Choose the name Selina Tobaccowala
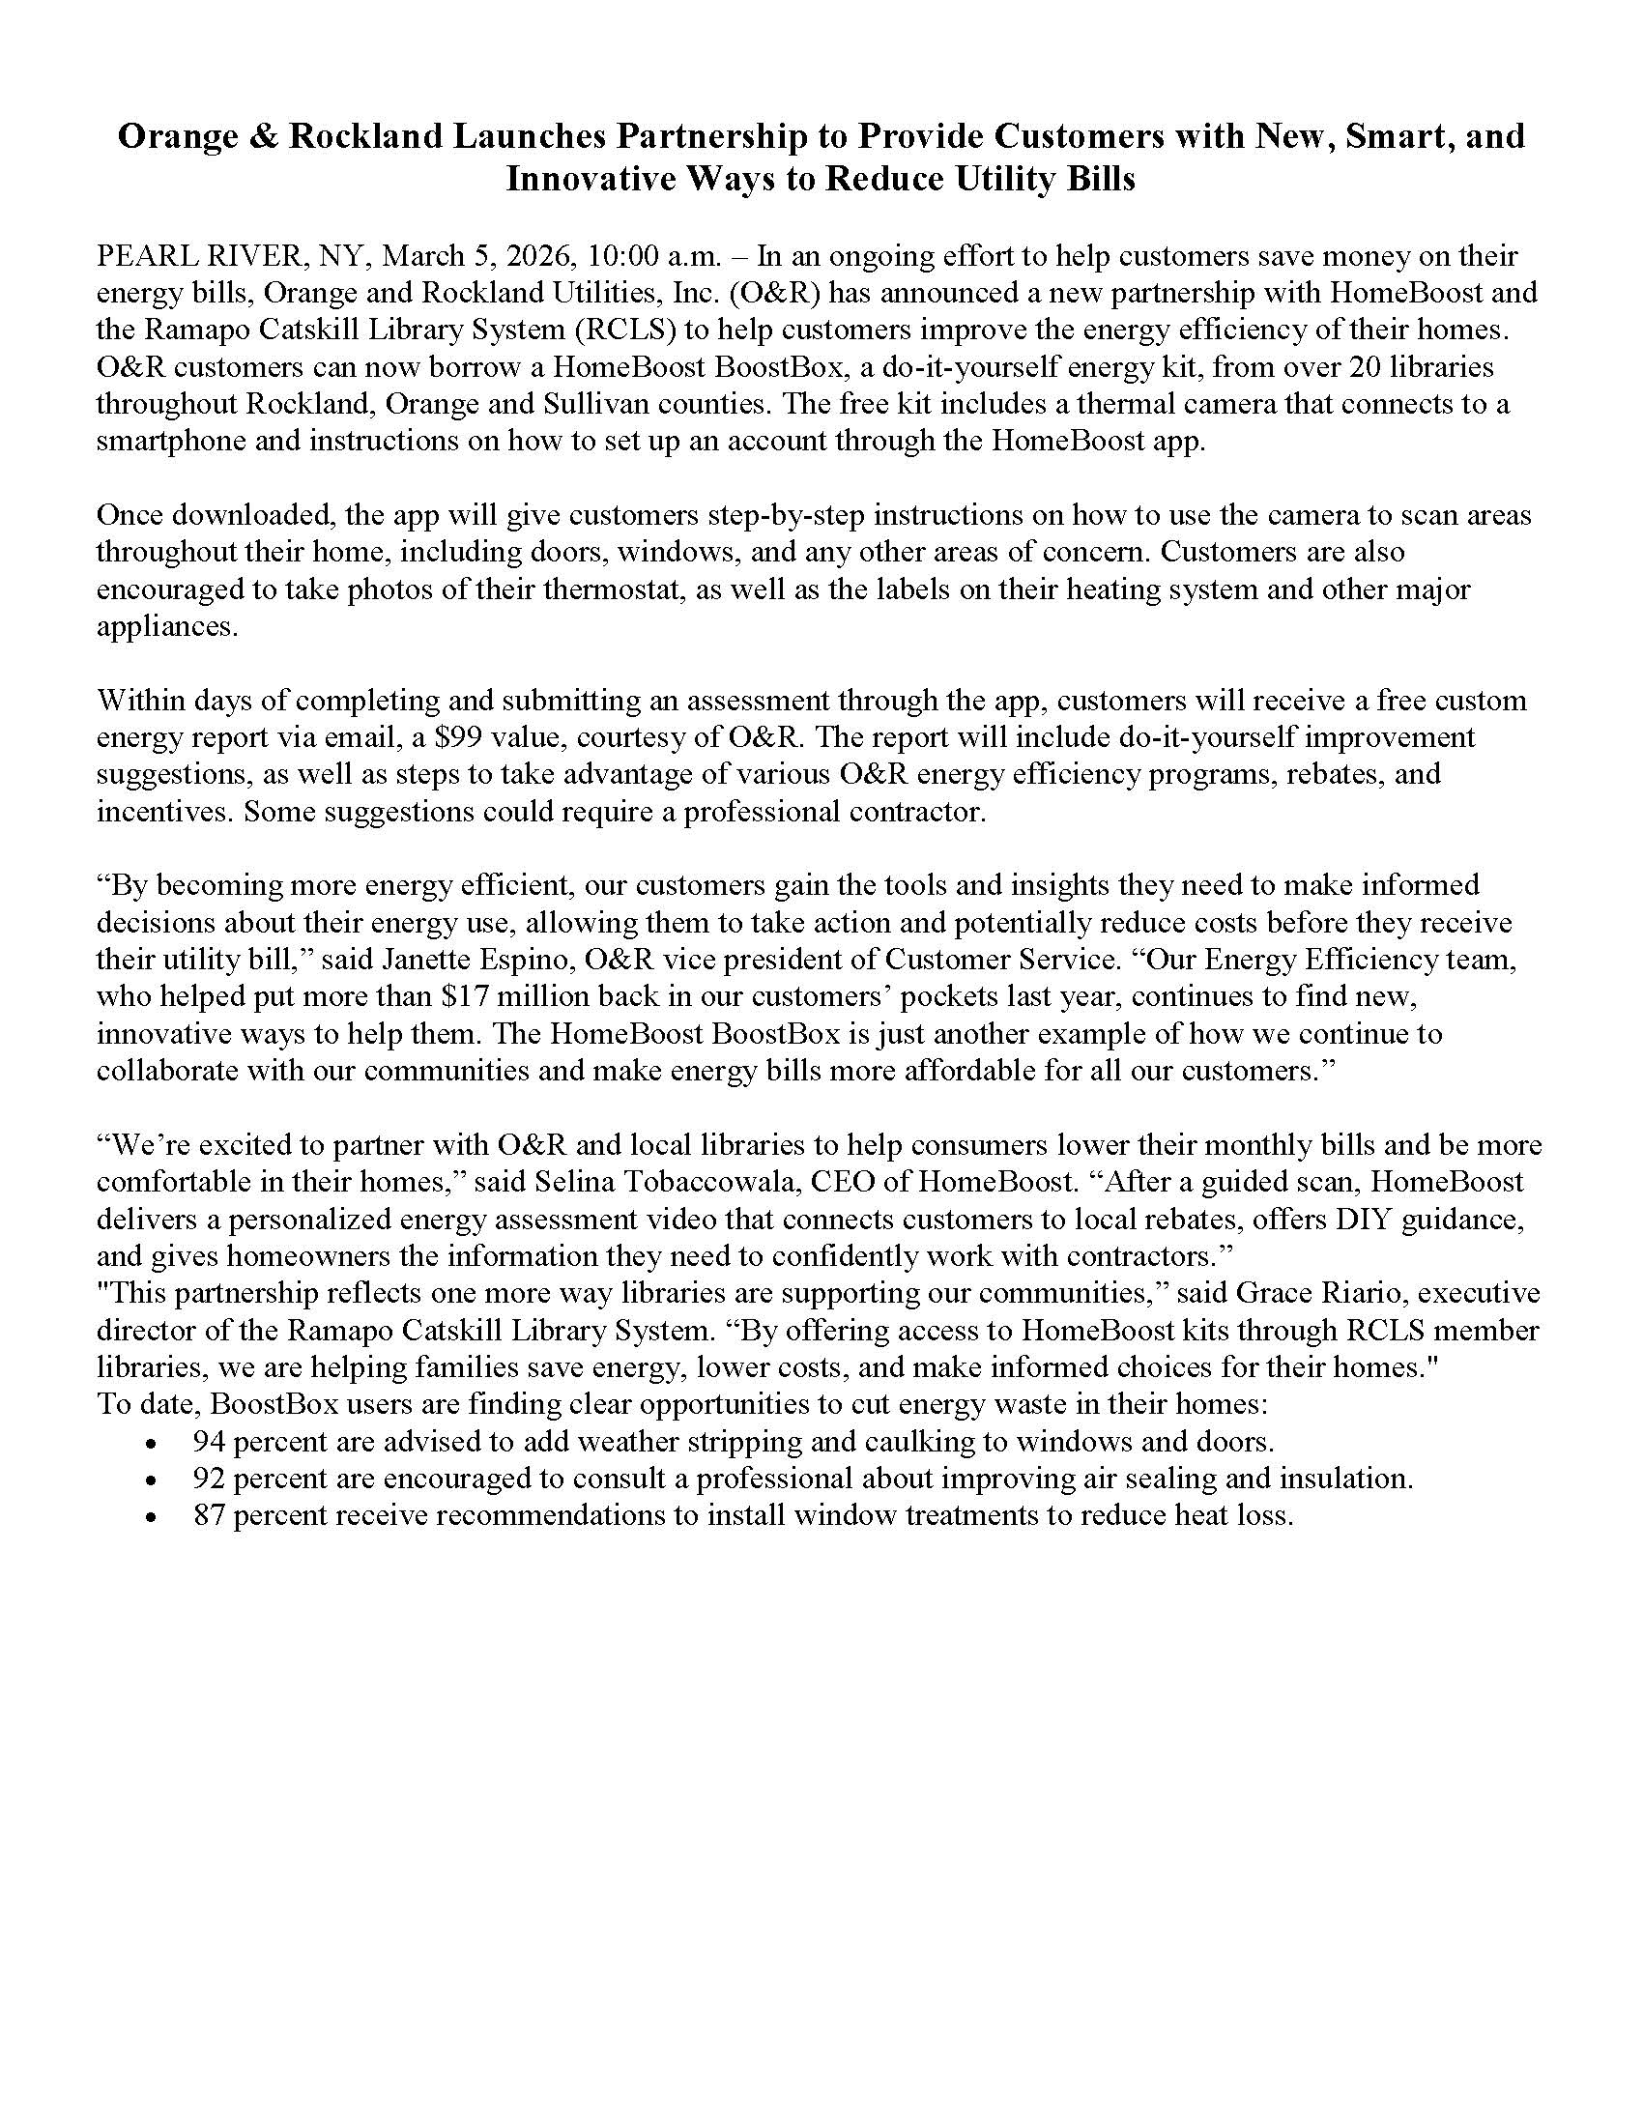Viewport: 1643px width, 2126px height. tap(679, 1182)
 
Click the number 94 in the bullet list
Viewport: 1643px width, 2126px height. tap(210, 1441)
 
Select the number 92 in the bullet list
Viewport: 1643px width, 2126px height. tap(210, 1478)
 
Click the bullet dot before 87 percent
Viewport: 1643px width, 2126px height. tap(150, 1516)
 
